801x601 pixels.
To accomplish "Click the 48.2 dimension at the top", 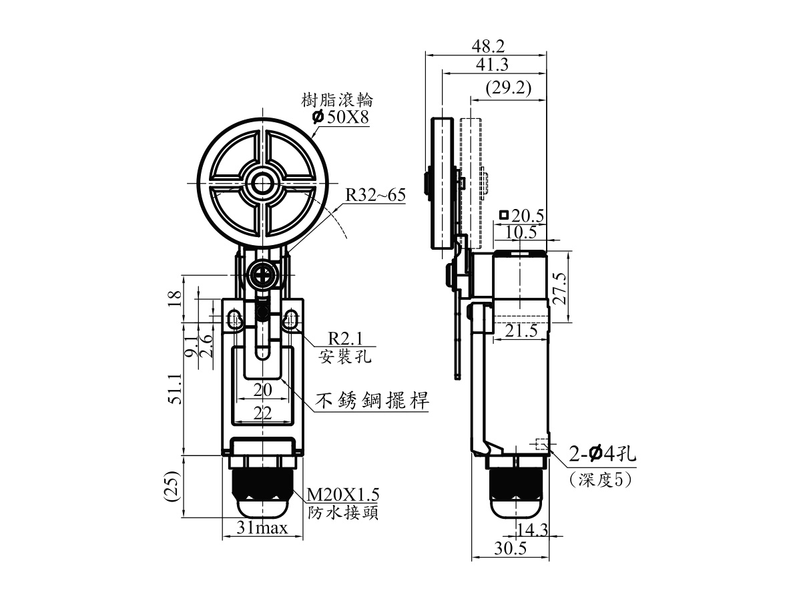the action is click(488, 46).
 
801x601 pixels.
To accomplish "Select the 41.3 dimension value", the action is click(492, 65).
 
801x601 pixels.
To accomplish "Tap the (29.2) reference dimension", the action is click(509, 88).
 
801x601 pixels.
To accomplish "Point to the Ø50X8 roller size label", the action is click(341, 117).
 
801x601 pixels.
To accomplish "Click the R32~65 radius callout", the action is click(376, 195).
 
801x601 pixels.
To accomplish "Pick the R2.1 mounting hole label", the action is click(345, 339).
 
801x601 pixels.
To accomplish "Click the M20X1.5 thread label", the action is click(342, 494).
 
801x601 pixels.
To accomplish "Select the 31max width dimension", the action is click(262, 528).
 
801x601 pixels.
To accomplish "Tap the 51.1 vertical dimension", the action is click(175, 389).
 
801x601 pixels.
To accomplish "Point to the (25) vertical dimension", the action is click(174, 487).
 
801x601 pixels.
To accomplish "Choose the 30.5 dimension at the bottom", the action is click(510, 548).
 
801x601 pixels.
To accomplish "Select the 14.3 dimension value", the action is click(533, 530).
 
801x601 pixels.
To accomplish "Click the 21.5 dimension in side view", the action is click(521, 331).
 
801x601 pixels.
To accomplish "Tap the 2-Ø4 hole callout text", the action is click(603, 455).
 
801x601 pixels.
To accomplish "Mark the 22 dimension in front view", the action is click(263, 413).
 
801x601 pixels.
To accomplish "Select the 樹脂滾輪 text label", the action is click(337, 100).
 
